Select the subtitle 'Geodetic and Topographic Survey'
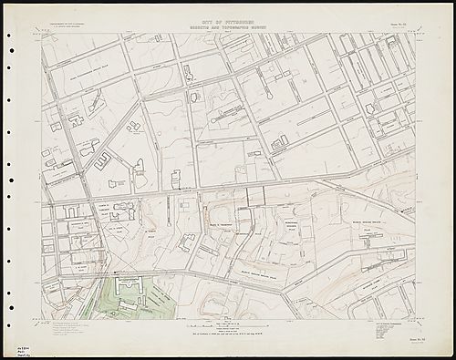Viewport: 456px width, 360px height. tap(228, 24)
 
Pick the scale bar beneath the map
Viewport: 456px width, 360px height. tap(228, 324)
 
